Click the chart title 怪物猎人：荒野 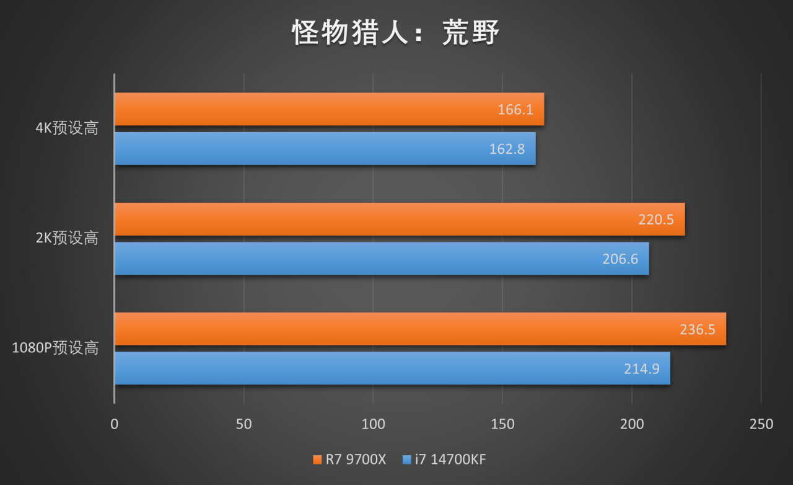click(x=396, y=32)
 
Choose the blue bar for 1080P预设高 click(x=372, y=368)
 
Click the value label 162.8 click(x=507, y=149)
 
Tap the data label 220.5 click(x=656, y=220)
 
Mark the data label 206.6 click(x=620, y=259)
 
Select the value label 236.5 click(x=698, y=329)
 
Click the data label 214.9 click(x=642, y=369)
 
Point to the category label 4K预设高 click(x=67, y=129)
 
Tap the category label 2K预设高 click(x=67, y=238)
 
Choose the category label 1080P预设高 click(x=56, y=348)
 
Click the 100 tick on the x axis click(x=373, y=424)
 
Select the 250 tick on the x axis click(x=761, y=424)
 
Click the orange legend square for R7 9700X click(x=317, y=460)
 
